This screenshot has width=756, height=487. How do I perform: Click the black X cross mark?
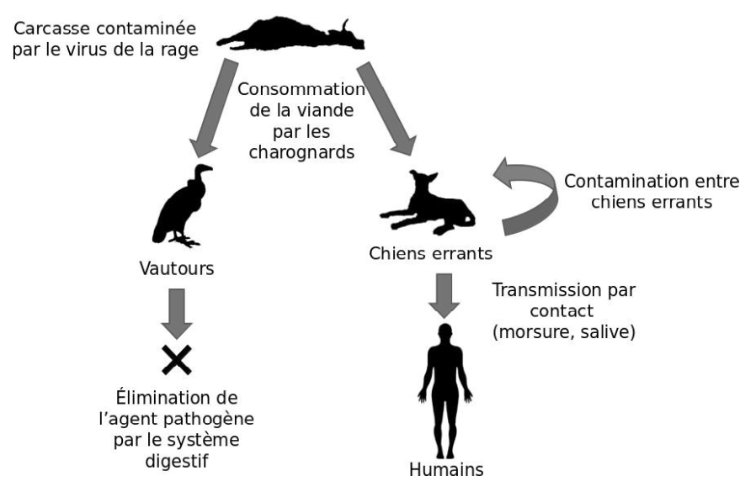click(178, 359)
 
